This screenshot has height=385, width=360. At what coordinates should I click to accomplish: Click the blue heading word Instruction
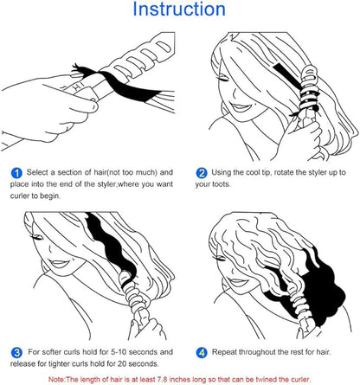[x=179, y=9]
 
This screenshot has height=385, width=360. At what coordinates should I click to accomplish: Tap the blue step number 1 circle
[x=16, y=173]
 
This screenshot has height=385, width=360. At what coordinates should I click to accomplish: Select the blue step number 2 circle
[x=202, y=173]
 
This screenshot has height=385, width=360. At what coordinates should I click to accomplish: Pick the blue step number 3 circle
[x=16, y=353]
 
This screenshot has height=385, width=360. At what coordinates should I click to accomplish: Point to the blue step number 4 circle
[x=202, y=353]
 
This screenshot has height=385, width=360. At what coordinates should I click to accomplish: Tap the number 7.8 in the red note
[x=164, y=380]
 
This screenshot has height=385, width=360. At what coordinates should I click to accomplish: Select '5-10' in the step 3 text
[x=119, y=352]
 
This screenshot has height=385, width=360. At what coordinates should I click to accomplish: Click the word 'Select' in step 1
[x=37, y=172]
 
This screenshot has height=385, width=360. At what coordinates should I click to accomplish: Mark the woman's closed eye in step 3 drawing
[x=37, y=237]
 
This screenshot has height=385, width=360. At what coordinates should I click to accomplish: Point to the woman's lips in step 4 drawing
[x=237, y=282]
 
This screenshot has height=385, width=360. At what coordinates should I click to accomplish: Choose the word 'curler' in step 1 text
[x=20, y=196]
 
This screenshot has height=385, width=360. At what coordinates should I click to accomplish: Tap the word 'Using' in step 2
[x=221, y=172]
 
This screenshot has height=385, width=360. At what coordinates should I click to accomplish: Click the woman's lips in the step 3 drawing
[x=60, y=264]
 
